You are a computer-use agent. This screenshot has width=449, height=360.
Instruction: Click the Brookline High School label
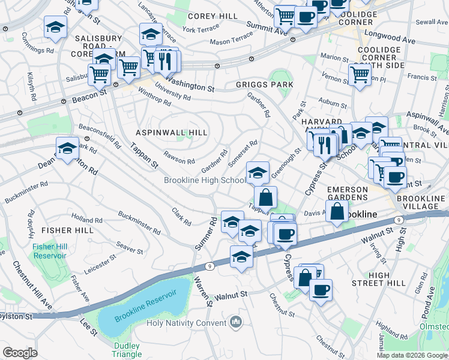point(205,181)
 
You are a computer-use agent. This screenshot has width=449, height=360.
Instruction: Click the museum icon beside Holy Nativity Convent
point(235,323)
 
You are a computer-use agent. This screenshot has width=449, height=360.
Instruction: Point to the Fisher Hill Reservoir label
point(49,251)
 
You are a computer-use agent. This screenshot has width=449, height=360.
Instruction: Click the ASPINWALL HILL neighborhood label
point(171,132)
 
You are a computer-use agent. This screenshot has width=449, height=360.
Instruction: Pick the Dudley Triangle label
point(126,350)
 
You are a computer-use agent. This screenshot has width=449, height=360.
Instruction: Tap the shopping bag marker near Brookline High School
point(265,196)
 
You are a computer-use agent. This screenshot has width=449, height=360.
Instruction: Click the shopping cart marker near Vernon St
point(359,74)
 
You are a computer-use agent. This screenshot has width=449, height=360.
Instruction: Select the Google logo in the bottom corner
point(20,353)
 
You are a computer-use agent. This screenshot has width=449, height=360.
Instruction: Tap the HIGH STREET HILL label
point(387,279)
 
